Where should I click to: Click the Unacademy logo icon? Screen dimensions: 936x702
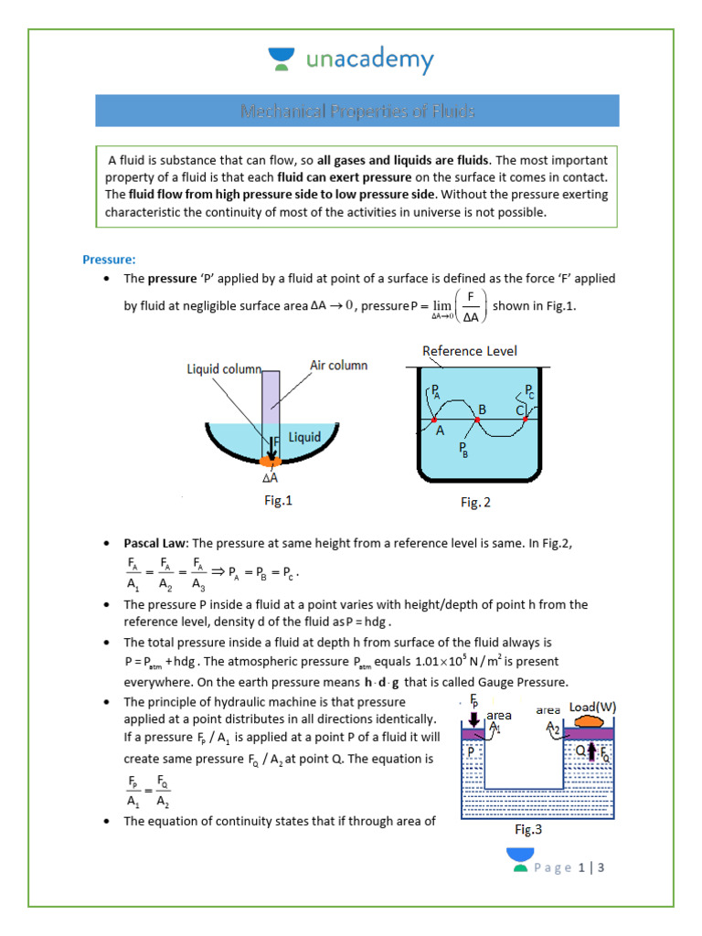pos(280,59)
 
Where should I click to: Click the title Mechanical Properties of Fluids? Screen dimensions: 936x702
pos(357,111)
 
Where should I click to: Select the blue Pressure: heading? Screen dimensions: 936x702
pos(109,259)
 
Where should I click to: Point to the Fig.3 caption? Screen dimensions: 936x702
pos(528,830)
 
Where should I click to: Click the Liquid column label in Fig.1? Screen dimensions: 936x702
pos(224,369)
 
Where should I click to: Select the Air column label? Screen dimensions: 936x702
pos(338,365)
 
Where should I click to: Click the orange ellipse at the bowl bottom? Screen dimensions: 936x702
pos(272,460)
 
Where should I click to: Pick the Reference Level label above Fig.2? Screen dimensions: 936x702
pos(469,351)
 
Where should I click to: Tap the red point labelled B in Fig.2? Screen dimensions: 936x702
pos(477,420)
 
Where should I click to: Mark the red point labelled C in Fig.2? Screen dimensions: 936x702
pos(526,420)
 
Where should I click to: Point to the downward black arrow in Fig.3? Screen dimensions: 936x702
pos(473,719)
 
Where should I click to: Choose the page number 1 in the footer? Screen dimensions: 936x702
pos(580,867)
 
